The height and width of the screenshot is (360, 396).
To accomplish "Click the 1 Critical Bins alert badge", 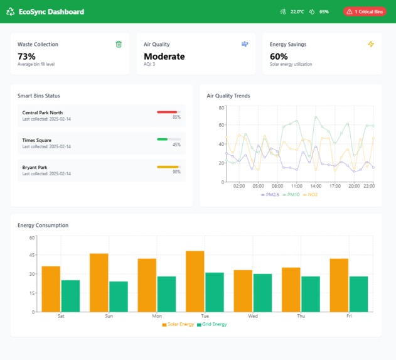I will click(x=365, y=11).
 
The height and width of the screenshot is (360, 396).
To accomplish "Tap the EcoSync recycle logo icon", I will click(x=10, y=11).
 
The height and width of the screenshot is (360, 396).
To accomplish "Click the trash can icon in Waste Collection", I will click(x=119, y=44).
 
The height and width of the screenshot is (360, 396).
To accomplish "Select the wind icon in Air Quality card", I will click(x=245, y=44).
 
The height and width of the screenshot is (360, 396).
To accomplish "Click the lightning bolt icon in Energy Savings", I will click(x=370, y=44).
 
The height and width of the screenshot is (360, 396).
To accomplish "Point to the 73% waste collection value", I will click(x=26, y=57).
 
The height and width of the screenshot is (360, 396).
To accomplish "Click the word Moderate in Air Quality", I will click(x=164, y=57).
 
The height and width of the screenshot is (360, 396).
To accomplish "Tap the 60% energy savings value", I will click(x=279, y=57).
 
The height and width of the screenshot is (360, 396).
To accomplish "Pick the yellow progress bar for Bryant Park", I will click(x=168, y=166).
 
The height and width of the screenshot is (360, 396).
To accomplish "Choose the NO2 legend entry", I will click(x=310, y=195).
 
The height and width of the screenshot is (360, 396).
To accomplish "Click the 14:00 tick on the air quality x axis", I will click(x=316, y=186).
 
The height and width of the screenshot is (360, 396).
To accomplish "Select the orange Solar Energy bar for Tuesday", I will click(x=195, y=281).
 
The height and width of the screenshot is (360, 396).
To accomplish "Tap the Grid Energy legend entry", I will click(x=211, y=324).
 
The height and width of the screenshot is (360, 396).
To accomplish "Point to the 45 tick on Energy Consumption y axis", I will click(x=31, y=256).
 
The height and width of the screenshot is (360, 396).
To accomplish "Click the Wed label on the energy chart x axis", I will click(x=253, y=316).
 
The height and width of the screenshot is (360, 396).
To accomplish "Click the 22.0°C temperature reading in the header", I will click(x=297, y=11).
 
